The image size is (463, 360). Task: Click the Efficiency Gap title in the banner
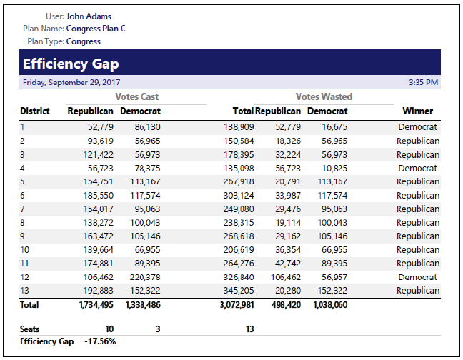click(71, 64)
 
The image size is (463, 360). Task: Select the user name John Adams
click(89, 16)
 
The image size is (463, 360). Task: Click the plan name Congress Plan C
click(96, 29)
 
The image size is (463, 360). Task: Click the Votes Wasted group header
click(324, 96)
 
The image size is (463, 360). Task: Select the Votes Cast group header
click(136, 96)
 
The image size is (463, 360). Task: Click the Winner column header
click(417, 111)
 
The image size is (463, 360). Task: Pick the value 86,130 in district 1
click(146, 127)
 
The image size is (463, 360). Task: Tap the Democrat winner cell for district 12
click(418, 277)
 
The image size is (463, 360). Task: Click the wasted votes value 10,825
click(334, 168)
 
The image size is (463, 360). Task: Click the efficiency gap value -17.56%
click(100, 341)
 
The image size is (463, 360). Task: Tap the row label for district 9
click(23, 236)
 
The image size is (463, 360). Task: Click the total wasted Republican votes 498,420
click(283, 305)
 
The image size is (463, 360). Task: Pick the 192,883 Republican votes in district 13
click(96, 291)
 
